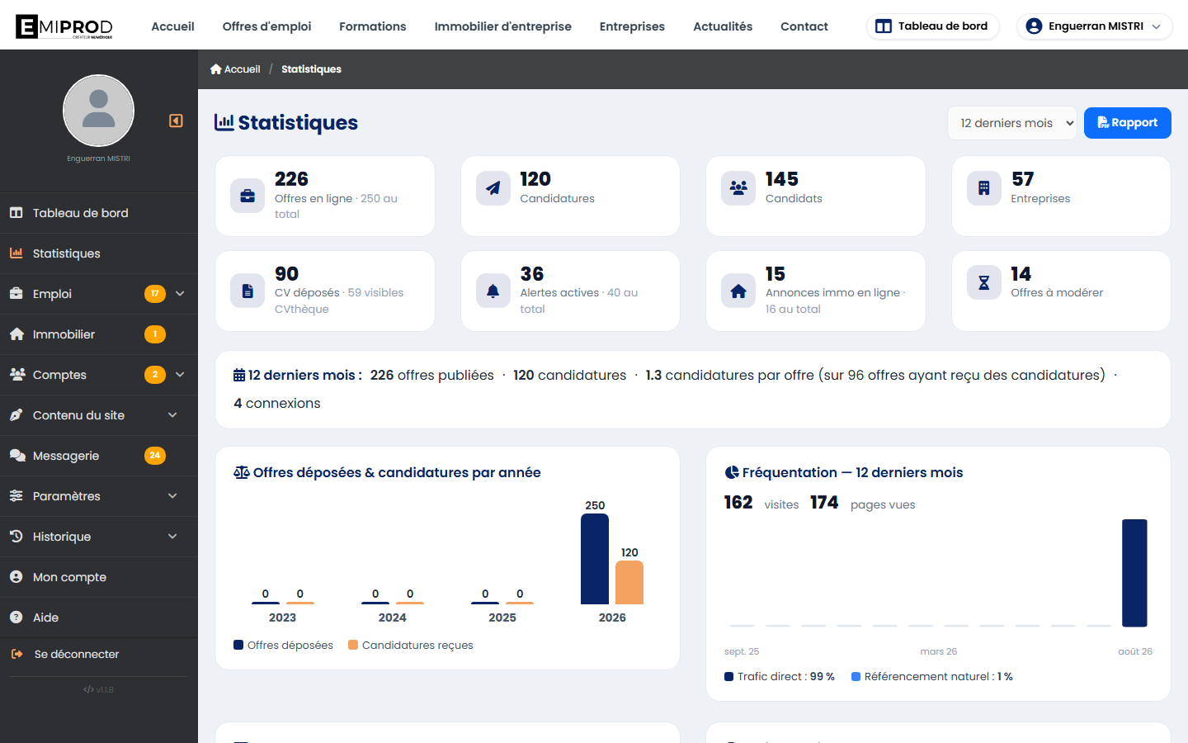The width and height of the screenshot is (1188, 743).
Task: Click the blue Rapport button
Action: click(1127, 122)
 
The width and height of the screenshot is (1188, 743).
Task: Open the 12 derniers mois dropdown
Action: click(1012, 123)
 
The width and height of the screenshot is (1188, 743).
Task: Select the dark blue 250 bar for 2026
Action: click(595, 559)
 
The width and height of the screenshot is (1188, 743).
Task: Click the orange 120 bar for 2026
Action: click(629, 582)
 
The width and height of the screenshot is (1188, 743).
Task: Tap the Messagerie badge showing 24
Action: click(155, 456)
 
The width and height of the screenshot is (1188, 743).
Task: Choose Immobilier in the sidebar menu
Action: click(64, 334)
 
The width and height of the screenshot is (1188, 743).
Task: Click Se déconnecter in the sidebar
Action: click(77, 654)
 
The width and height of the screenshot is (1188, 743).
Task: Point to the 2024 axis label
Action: click(393, 618)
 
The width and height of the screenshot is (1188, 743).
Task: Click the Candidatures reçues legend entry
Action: click(411, 645)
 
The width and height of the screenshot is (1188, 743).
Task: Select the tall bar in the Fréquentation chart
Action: click(1134, 573)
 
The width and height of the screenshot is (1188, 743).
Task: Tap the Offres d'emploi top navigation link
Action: click(266, 26)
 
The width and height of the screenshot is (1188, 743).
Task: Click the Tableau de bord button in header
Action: click(933, 26)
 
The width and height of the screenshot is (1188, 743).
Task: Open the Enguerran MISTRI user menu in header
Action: click(1094, 26)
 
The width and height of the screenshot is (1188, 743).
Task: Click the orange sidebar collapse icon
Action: click(176, 121)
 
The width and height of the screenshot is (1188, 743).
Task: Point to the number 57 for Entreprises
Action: click(1022, 179)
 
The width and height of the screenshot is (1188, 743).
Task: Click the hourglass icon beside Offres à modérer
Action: click(983, 282)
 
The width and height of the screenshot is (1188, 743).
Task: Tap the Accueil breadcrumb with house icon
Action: click(235, 69)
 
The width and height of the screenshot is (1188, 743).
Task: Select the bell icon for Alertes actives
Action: click(493, 291)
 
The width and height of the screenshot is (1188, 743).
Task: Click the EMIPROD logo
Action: click(64, 26)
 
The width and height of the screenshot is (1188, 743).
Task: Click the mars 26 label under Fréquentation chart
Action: click(938, 651)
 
